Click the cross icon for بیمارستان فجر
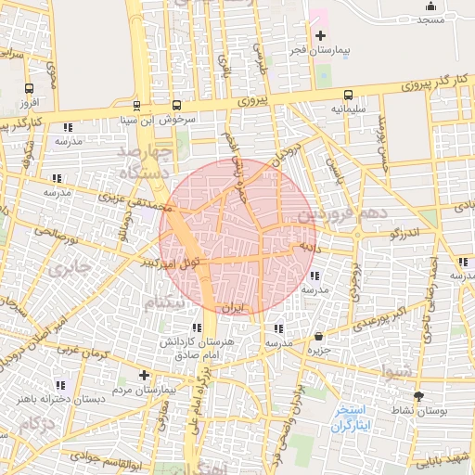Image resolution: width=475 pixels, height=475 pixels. (320, 35)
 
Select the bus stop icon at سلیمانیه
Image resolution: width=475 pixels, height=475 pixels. (348, 95)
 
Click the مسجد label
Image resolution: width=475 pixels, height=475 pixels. (430, 19)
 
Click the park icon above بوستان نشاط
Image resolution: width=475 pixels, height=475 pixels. (417, 395)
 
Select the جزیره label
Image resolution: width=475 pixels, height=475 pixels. (320, 350)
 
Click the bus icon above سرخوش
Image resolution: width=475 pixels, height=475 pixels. (176, 105)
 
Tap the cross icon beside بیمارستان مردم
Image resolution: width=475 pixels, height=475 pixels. (143, 376)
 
